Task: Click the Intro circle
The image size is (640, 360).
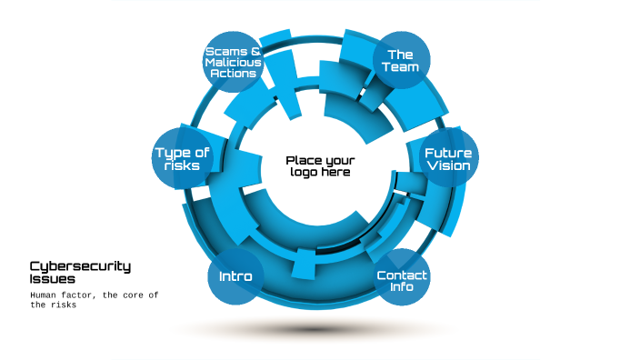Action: (x=235, y=275)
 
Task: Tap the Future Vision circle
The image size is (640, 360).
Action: (x=447, y=159)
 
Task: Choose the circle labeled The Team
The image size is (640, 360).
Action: (x=401, y=60)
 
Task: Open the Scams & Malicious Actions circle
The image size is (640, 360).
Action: (x=233, y=62)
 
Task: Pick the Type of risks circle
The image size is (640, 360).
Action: (x=182, y=159)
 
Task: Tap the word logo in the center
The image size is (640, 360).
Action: (x=304, y=173)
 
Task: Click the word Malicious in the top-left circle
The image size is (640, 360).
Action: (x=233, y=62)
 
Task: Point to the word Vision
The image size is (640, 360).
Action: (x=447, y=166)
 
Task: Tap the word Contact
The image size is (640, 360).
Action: (x=402, y=275)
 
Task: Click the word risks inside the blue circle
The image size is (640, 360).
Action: (x=182, y=166)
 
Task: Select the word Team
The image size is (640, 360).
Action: (x=401, y=66)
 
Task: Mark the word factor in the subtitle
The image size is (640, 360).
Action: (x=84, y=295)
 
